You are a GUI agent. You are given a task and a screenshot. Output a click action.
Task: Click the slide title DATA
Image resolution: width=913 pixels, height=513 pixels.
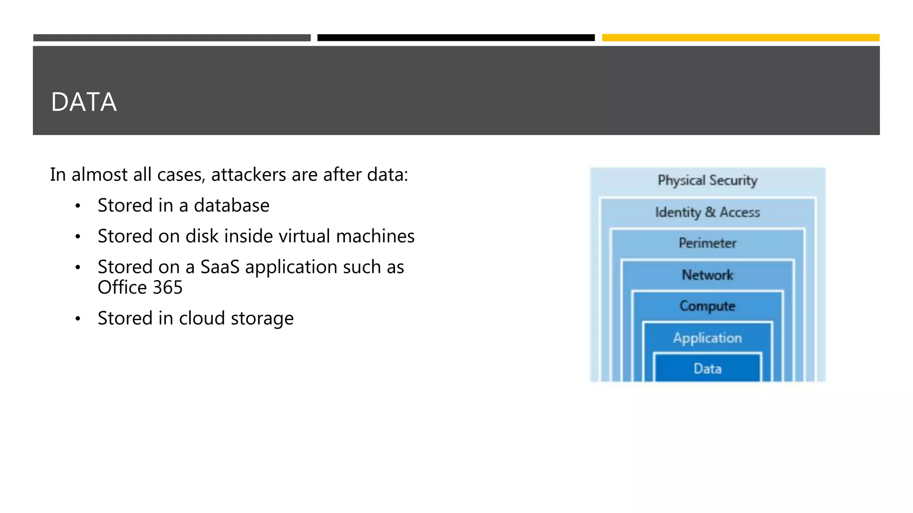tap(84, 102)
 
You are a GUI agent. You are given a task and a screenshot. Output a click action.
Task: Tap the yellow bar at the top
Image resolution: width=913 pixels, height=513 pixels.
tap(740, 38)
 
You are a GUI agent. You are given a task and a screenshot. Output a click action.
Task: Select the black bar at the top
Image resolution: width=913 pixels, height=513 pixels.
tap(456, 38)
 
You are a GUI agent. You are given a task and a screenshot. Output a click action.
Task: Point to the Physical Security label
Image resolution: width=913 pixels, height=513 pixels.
tap(707, 180)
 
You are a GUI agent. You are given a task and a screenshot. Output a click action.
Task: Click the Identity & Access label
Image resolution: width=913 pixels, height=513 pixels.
tap(707, 212)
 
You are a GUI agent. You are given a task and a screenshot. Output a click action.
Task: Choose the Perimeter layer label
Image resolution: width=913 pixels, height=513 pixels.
tap(707, 243)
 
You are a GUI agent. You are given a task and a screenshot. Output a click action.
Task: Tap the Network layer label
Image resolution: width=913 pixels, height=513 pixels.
tap(707, 275)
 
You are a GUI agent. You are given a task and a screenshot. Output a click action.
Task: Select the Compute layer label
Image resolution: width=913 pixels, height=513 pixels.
tap(707, 306)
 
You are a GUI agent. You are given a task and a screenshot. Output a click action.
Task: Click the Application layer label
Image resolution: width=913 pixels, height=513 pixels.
tap(707, 338)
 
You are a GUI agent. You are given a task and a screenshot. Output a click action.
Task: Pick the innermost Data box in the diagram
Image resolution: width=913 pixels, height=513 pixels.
tap(707, 368)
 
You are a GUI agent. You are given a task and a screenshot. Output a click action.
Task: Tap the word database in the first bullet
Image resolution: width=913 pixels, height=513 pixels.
tap(231, 206)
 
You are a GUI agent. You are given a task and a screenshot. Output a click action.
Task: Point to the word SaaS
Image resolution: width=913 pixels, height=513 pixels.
tap(220, 267)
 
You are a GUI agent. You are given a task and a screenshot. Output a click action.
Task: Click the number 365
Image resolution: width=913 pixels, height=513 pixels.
tap(168, 288)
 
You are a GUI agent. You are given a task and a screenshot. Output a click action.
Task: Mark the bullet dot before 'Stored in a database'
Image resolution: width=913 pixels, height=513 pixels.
tap(78, 206)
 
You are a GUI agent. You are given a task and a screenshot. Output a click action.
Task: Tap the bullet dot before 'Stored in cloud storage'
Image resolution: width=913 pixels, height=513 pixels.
tap(78, 318)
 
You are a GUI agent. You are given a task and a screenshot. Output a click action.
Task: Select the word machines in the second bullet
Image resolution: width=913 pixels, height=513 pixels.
tap(375, 236)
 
